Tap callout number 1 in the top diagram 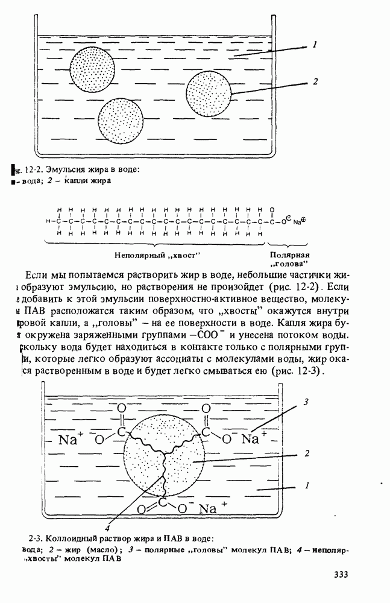(314, 45)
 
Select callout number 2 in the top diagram (315, 81)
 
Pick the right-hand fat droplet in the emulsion (209, 93)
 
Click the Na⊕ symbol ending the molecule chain (300, 221)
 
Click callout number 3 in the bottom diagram (306, 402)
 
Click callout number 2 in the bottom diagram (307, 453)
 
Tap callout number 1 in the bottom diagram (307, 484)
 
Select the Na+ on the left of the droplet (71, 439)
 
